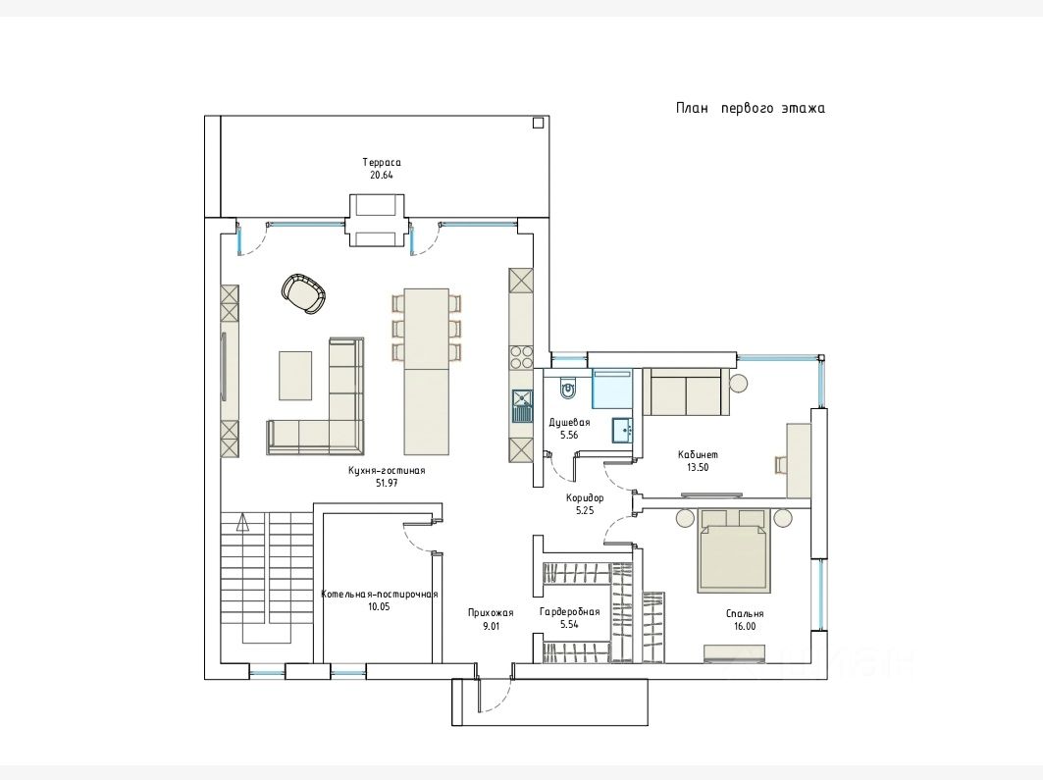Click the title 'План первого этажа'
click(x=751, y=108)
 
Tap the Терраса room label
click(x=382, y=162)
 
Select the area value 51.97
click(x=387, y=484)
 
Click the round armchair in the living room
click(x=304, y=293)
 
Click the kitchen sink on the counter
click(x=522, y=405)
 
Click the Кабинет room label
click(x=698, y=455)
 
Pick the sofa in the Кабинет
click(x=686, y=391)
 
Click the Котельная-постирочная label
click(x=379, y=595)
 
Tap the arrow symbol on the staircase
click(x=242, y=522)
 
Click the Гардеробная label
click(x=569, y=612)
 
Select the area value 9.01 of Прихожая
click(x=491, y=626)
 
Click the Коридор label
click(x=585, y=497)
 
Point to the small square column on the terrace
click(x=538, y=123)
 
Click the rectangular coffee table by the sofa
click(x=295, y=376)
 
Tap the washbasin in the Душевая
click(x=623, y=430)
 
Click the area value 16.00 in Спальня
click(x=745, y=626)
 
